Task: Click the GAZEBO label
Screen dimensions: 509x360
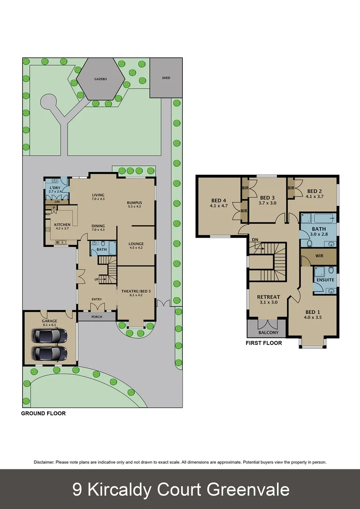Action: click(100, 80)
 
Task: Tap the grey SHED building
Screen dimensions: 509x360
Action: click(166, 78)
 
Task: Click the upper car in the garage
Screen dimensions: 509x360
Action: click(49, 336)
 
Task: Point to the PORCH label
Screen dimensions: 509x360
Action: click(97, 317)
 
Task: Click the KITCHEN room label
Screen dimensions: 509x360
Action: click(62, 225)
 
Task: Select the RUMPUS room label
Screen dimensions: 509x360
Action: click(134, 203)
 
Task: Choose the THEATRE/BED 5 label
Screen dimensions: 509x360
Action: click(136, 291)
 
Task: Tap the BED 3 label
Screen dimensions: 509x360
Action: click(267, 197)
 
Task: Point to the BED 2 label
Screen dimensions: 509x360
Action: click(314, 191)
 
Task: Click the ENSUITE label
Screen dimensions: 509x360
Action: click(325, 280)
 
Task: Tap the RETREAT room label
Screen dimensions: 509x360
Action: click(269, 297)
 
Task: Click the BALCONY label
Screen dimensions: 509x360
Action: click(269, 333)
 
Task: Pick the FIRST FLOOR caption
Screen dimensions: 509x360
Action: click(264, 343)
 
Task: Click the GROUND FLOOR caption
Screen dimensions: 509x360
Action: click(43, 413)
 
